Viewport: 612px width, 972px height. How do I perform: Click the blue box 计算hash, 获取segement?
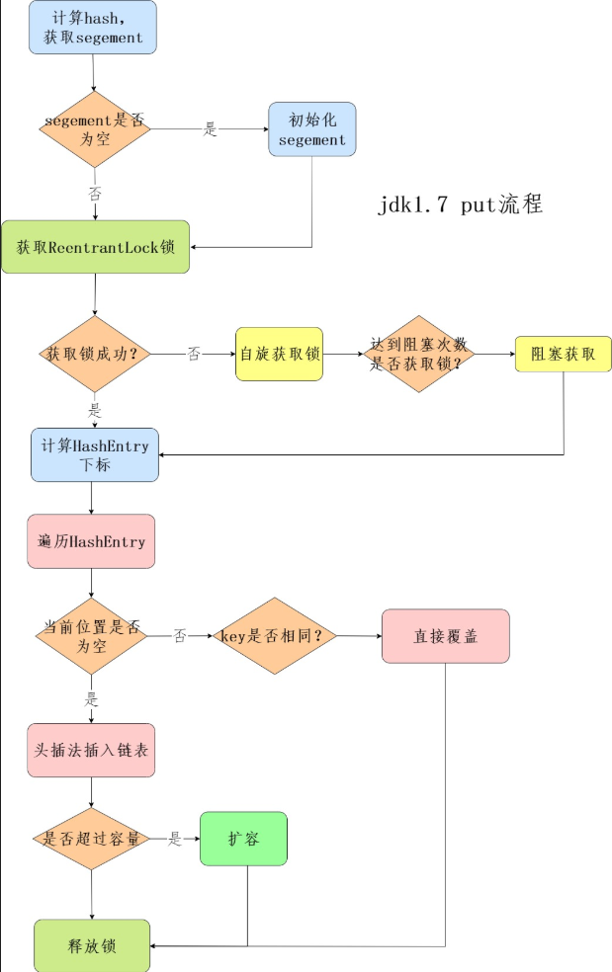(x=93, y=28)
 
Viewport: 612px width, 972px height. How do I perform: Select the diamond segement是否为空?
(x=95, y=129)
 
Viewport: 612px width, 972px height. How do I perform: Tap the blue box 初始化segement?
(x=311, y=129)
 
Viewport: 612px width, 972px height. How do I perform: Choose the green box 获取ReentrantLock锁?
(x=95, y=247)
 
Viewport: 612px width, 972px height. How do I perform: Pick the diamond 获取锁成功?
(x=95, y=354)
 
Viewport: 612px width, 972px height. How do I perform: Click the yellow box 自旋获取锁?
(x=280, y=354)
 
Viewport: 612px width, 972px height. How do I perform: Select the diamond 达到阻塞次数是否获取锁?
(x=418, y=354)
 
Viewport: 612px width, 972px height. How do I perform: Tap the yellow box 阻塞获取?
(x=563, y=354)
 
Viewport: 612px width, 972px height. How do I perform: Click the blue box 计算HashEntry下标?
(x=95, y=454)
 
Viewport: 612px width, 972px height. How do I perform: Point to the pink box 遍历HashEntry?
(x=91, y=541)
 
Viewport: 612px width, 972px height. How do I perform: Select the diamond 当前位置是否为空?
(x=92, y=635)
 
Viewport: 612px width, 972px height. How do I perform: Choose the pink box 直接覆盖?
(x=445, y=635)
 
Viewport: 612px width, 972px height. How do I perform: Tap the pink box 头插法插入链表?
(x=91, y=751)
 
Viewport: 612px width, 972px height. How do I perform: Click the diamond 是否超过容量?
(x=91, y=839)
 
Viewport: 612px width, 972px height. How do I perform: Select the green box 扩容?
(x=243, y=839)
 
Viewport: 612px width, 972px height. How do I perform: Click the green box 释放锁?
(x=92, y=945)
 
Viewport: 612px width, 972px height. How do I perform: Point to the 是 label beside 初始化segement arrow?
(x=210, y=129)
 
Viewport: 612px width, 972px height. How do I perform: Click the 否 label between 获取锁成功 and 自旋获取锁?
(x=194, y=354)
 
